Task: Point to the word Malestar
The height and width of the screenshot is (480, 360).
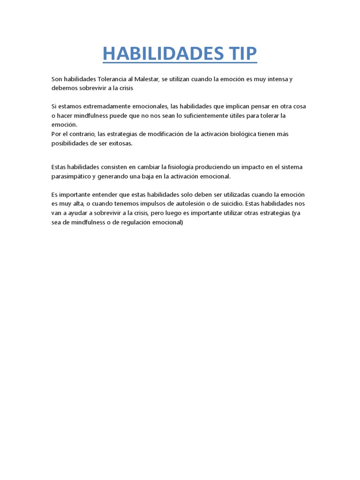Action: [145, 79]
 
